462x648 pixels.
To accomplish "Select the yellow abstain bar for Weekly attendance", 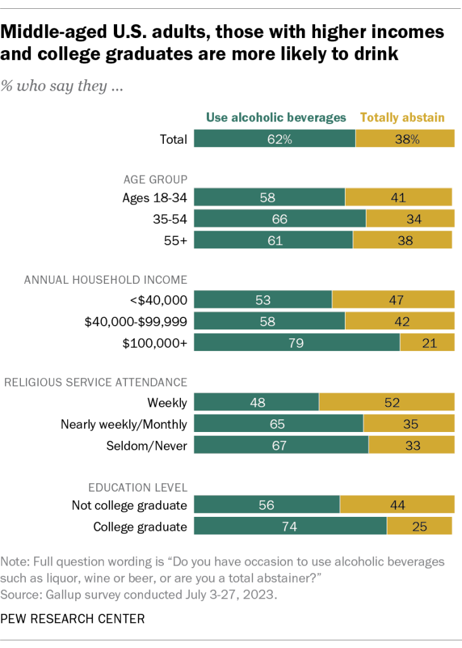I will (x=387, y=402).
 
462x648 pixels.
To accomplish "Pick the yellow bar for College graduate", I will (x=419, y=526).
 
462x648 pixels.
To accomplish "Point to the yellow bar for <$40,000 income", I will (x=393, y=300).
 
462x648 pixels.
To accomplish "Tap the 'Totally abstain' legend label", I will (x=403, y=117).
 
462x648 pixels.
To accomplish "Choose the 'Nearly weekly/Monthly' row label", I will (x=124, y=424).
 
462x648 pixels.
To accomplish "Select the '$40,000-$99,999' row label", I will (x=135, y=321).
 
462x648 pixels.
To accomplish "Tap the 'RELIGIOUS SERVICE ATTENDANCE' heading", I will (x=96, y=382).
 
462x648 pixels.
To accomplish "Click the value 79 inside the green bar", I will (x=297, y=343).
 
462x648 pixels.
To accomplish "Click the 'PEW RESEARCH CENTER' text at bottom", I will (x=73, y=618).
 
